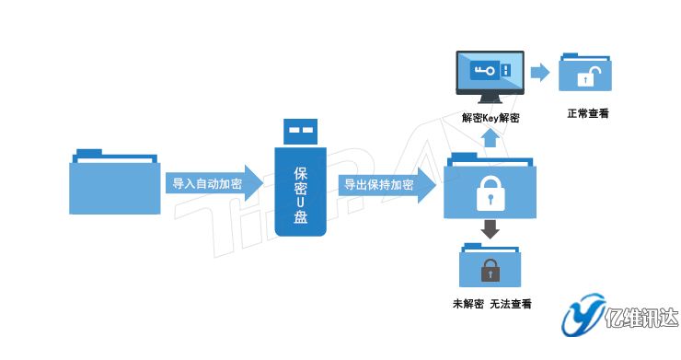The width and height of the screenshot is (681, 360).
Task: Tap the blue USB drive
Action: point(300,184)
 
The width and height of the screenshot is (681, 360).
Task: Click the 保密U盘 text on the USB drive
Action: point(300,196)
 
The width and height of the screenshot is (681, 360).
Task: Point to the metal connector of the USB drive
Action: point(300,133)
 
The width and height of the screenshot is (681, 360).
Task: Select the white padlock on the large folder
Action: point(490,193)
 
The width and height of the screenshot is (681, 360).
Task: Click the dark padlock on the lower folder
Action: point(491,270)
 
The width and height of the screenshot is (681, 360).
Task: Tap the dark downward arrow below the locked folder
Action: point(491,229)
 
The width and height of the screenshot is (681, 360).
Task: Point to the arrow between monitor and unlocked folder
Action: point(540,72)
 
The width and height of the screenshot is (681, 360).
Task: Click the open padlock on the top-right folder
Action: point(584,77)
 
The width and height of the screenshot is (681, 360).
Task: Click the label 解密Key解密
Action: point(491,118)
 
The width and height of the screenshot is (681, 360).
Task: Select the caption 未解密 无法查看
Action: point(491,305)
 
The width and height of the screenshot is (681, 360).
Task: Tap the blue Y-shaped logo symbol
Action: point(582,317)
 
